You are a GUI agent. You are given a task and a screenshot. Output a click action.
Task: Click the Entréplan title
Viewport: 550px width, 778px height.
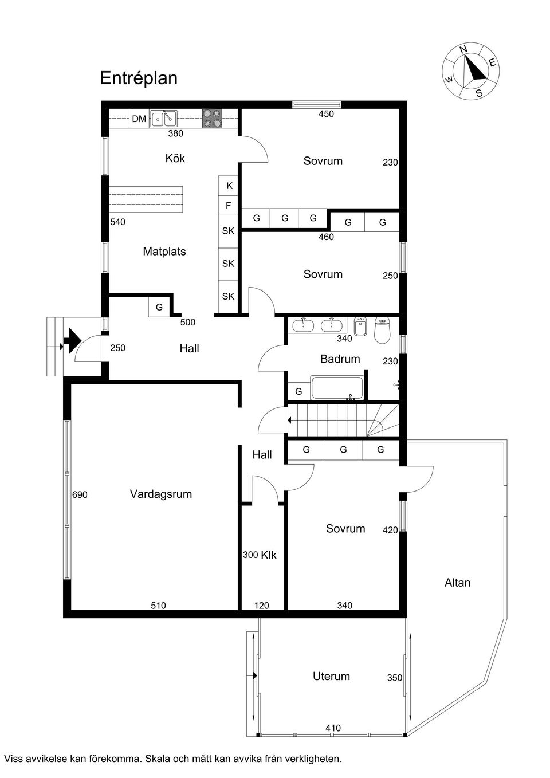click(x=139, y=78)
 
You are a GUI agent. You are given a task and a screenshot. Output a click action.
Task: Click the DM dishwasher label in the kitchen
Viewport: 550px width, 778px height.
click(x=139, y=119)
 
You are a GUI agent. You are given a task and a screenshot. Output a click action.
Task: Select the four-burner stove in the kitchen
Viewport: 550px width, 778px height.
click(x=211, y=118)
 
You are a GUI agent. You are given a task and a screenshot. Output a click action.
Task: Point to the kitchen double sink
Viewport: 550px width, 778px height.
click(x=164, y=119)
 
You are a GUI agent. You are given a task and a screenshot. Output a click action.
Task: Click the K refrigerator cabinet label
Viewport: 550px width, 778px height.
click(x=229, y=186)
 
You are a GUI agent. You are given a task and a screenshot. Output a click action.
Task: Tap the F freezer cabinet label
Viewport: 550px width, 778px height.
click(x=229, y=205)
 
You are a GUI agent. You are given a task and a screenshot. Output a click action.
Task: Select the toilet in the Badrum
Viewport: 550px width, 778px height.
click(x=382, y=330)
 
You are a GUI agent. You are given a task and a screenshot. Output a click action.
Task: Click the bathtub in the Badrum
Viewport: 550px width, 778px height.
click(x=337, y=388)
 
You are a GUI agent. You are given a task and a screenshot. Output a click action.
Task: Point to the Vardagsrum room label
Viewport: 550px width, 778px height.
click(x=160, y=494)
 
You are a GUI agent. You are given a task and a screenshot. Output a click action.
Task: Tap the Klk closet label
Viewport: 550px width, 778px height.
click(x=269, y=555)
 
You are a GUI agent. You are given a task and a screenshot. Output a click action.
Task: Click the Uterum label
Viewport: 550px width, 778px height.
click(x=331, y=676)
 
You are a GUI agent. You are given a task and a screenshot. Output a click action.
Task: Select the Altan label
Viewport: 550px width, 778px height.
click(x=457, y=583)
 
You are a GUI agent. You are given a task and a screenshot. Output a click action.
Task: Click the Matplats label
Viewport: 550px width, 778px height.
click(x=164, y=252)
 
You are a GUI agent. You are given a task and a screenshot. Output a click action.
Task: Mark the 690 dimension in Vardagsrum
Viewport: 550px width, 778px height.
click(x=80, y=494)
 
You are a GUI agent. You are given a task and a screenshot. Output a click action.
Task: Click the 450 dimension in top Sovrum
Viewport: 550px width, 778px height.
click(x=326, y=114)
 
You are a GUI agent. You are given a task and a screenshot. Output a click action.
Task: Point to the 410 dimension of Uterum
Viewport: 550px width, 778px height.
click(x=333, y=728)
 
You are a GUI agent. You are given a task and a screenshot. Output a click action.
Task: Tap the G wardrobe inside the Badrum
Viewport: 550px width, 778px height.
click(x=298, y=391)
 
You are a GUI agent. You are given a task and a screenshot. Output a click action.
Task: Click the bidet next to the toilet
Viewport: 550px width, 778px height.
click(x=360, y=328)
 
